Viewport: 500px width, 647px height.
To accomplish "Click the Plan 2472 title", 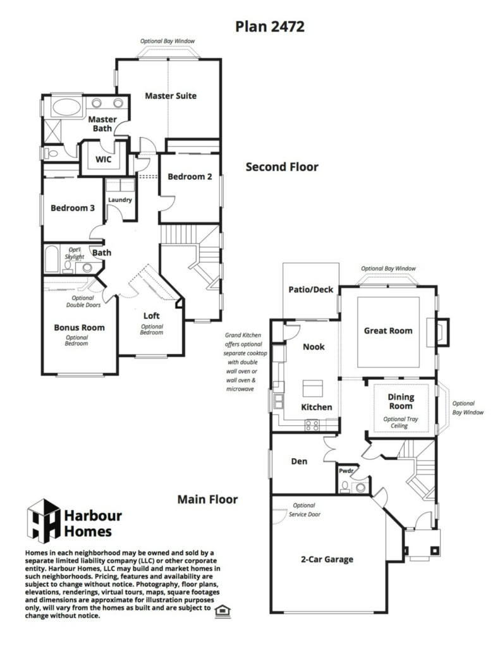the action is (270, 27).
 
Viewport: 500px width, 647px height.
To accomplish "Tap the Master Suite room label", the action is (171, 96).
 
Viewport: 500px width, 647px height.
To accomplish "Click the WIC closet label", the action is (103, 159).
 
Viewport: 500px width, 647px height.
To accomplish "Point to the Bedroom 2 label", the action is (190, 177).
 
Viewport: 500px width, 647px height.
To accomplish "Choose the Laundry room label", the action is (119, 200).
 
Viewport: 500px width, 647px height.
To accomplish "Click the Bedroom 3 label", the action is (73, 208).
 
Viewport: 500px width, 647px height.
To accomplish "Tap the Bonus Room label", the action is (79, 328).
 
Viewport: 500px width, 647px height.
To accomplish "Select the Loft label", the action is (151, 316).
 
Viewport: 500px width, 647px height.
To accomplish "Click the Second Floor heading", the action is (282, 167).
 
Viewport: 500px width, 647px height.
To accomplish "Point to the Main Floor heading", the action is (208, 500).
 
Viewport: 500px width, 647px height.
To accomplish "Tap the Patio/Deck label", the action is (310, 289).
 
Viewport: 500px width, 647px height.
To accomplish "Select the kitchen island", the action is (312, 389).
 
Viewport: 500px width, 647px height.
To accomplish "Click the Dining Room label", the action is (401, 401).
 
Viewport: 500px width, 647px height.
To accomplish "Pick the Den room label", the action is (299, 461).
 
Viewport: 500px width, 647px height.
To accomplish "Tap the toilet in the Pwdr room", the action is (345, 487).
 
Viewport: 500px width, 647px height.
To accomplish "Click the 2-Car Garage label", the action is (327, 560).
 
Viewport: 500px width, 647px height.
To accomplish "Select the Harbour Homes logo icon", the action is (44, 521).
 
